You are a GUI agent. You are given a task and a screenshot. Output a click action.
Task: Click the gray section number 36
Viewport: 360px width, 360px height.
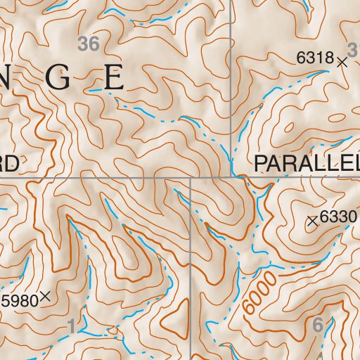tap(89, 44)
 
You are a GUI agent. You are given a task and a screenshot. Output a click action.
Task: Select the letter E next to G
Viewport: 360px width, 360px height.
tap(113, 78)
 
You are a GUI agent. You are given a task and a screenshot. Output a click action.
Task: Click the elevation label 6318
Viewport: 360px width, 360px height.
tap(314, 58)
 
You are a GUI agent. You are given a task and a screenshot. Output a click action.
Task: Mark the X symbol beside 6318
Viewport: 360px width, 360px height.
tap(342, 62)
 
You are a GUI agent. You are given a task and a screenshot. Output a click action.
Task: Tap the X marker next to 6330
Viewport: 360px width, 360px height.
tap(313, 221)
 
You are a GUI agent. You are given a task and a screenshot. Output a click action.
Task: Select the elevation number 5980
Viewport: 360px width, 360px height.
tap(19, 301)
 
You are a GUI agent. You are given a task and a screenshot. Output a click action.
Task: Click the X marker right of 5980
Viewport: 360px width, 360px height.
tap(46, 297)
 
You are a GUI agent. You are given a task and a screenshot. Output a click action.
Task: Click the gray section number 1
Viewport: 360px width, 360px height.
tap(71, 326)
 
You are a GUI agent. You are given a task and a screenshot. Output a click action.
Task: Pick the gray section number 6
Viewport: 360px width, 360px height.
tap(316, 325)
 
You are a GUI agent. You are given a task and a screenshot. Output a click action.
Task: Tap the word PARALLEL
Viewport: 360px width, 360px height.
tap(307, 164)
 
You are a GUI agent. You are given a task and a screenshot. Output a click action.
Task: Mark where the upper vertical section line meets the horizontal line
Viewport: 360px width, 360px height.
tap(231, 177)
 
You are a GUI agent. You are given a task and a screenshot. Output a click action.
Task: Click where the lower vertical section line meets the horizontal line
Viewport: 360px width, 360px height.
tap(191, 177)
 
